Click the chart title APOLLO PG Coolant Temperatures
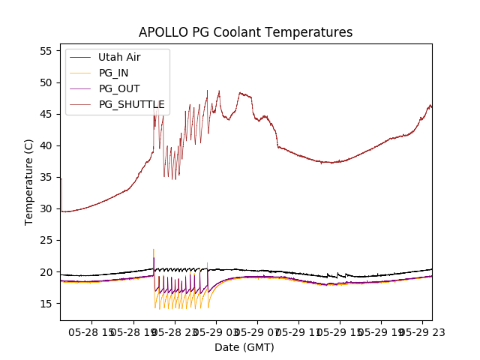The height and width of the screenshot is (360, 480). point(245,32)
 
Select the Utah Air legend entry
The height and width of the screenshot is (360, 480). point(119,57)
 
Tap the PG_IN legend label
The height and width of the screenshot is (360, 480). point(113,73)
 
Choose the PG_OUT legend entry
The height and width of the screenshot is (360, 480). point(119,88)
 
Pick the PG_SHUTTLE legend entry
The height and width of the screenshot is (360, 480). point(131,104)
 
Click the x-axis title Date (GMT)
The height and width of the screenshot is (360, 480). point(244,347)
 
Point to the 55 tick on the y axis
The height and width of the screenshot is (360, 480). point(46,51)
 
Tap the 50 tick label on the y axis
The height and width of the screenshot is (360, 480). point(46,82)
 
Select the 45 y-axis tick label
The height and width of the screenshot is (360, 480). point(46,114)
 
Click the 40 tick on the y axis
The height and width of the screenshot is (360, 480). point(46,145)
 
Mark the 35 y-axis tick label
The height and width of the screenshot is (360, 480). point(46,177)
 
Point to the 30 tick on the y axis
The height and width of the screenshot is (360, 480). point(46,208)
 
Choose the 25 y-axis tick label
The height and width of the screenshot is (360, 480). point(46,240)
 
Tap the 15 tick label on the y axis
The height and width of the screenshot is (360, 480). point(46,303)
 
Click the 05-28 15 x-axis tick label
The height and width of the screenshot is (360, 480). point(92,331)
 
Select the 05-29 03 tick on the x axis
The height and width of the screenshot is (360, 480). point(217,331)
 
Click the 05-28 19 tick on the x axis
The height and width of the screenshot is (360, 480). point(133,331)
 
